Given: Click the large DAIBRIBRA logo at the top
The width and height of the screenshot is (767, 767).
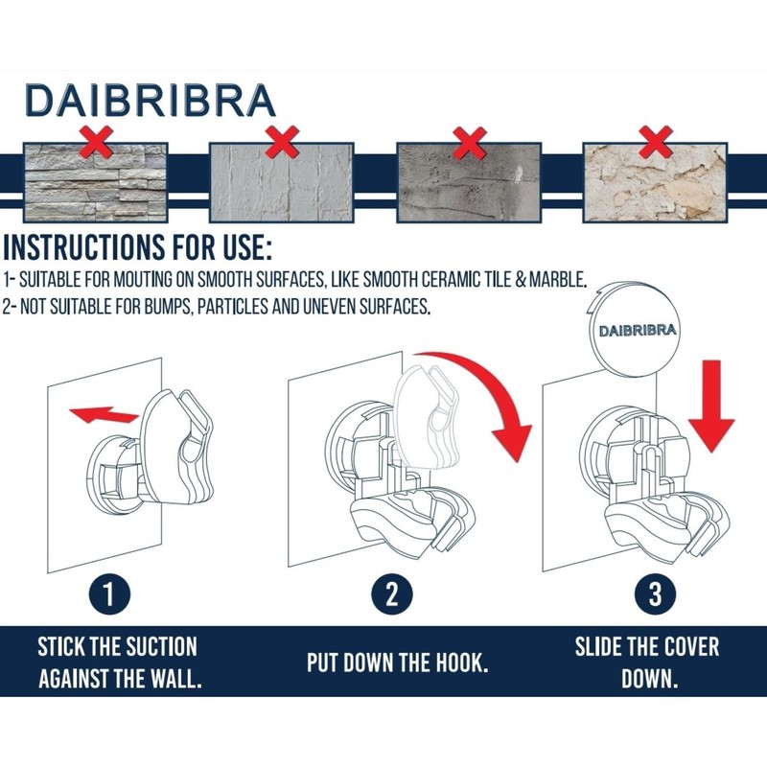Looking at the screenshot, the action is pyautogui.click(x=151, y=101).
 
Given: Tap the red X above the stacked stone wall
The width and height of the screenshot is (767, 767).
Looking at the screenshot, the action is pyautogui.click(x=97, y=142).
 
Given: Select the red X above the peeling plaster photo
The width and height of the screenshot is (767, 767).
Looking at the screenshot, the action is pyautogui.click(x=656, y=142).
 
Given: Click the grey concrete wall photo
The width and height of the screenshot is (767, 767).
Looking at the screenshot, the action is pyautogui.click(x=469, y=182).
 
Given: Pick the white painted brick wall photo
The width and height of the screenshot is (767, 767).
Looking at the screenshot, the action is pyautogui.click(x=281, y=182).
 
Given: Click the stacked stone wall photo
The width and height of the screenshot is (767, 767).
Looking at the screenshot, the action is pyautogui.click(x=95, y=182).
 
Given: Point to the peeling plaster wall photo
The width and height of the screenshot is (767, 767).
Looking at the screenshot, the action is pyautogui.click(x=655, y=182).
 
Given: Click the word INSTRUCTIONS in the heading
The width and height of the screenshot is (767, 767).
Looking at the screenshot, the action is pyautogui.click(x=83, y=247).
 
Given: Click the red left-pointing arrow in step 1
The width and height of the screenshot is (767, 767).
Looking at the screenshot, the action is pyautogui.click(x=104, y=414).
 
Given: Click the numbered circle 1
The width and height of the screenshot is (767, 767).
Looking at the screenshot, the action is pyautogui.click(x=109, y=594).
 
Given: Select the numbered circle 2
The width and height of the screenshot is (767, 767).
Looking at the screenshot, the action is pyautogui.click(x=392, y=594).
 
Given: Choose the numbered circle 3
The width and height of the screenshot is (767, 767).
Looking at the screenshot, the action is pyautogui.click(x=656, y=594).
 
